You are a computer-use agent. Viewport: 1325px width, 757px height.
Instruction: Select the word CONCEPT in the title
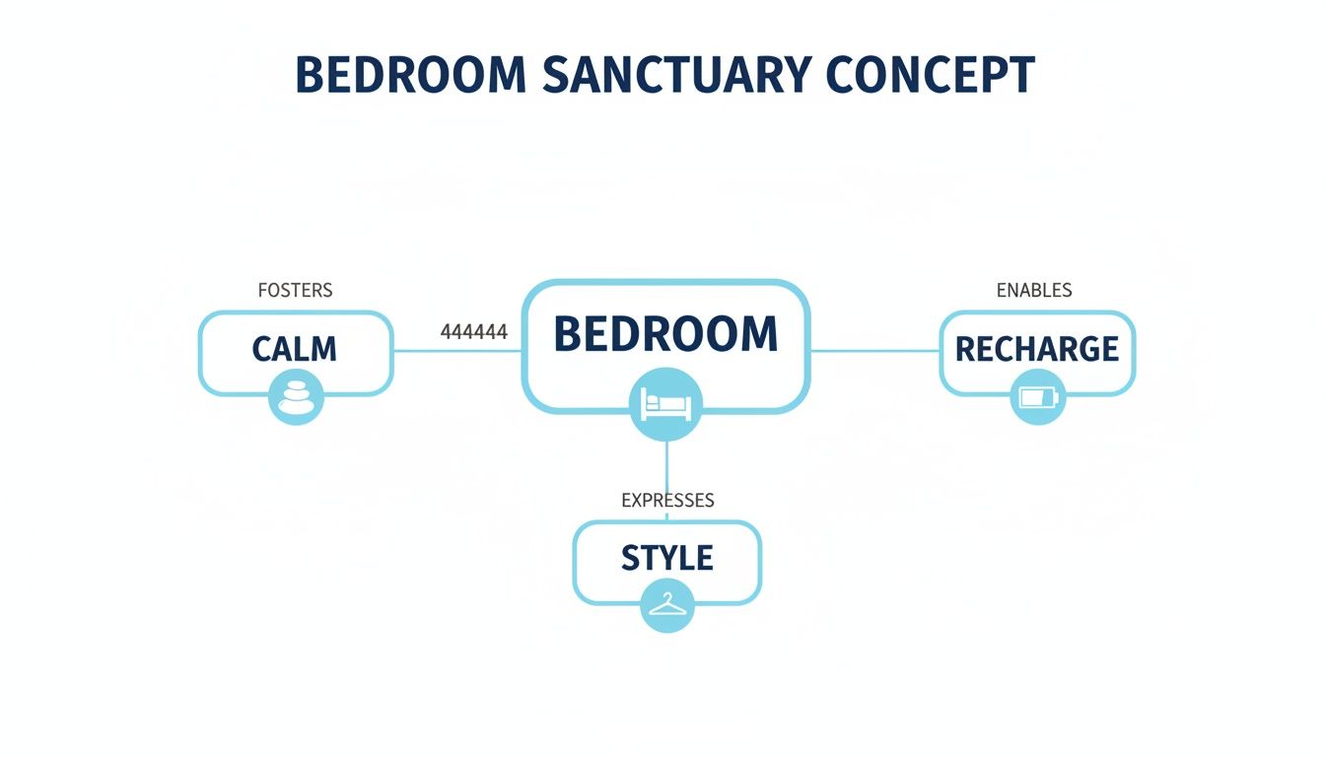coord(930,76)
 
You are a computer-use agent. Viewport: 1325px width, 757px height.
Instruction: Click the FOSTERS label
coord(295,291)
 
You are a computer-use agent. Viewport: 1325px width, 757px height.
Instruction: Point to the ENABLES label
coord(1034,291)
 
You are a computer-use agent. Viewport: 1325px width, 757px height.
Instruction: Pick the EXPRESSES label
coord(667,501)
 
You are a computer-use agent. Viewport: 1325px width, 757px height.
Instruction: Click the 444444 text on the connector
coord(473,332)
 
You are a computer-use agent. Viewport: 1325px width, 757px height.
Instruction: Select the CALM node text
coord(295,349)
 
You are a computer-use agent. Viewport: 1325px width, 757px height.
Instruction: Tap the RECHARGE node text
coord(1037,349)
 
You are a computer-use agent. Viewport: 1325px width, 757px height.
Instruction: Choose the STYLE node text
coord(667,559)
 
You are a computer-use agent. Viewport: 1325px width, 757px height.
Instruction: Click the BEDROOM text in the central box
coord(665,335)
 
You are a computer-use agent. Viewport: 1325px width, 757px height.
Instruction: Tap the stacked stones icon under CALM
coord(296,397)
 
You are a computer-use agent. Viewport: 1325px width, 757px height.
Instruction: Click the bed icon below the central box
coord(665,403)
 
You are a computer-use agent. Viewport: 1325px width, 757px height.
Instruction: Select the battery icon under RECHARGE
coord(1038,398)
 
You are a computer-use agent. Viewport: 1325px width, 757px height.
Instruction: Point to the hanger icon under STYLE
coord(667,604)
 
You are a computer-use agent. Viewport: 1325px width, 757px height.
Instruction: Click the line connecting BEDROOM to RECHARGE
coord(873,350)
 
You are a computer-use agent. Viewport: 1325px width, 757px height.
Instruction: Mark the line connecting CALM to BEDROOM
coord(456,350)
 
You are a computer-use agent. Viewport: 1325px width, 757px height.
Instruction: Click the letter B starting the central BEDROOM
coord(568,335)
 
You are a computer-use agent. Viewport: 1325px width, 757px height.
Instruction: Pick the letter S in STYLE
coord(632,559)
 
